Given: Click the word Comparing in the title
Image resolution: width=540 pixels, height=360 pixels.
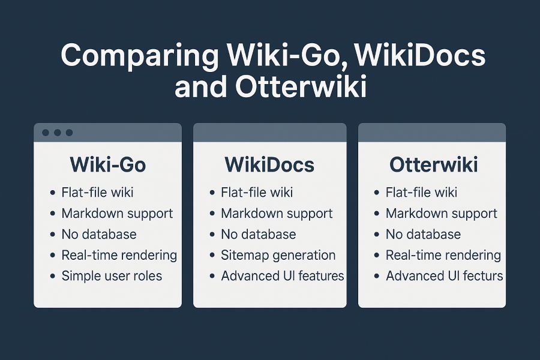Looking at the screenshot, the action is (x=140, y=56).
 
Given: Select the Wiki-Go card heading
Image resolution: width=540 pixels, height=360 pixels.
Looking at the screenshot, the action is (x=108, y=164).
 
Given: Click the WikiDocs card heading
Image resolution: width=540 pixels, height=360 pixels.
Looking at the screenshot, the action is (x=269, y=164).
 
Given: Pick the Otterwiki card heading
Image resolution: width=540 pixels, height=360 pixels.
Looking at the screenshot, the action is (x=433, y=164).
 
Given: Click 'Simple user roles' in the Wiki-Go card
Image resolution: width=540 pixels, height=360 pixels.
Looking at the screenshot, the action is (x=112, y=276).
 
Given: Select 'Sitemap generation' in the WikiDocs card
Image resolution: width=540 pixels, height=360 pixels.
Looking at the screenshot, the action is (x=278, y=255).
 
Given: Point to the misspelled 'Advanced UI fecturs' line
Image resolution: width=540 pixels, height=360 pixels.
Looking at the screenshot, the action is (x=444, y=276).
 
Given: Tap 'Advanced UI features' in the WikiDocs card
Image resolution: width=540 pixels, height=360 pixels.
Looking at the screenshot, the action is (x=283, y=276).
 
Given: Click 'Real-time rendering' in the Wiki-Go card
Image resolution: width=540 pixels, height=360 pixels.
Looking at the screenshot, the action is (x=119, y=255).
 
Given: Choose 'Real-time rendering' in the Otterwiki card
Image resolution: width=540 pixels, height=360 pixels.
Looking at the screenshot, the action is (x=443, y=255).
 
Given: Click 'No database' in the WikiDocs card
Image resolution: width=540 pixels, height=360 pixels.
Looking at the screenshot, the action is (x=258, y=234).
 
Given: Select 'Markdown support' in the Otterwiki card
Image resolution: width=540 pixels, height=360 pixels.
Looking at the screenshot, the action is (x=442, y=214).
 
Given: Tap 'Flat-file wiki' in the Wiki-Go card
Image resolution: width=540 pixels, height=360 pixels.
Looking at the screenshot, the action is (x=97, y=192).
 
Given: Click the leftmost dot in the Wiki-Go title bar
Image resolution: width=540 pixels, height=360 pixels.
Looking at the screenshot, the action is (x=46, y=133).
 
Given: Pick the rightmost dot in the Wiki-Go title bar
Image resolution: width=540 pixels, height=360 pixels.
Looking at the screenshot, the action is (x=69, y=133).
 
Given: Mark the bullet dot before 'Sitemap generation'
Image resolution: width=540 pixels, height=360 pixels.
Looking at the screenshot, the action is (x=212, y=255).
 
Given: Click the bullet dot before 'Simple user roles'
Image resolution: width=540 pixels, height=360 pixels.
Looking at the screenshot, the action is (x=53, y=276).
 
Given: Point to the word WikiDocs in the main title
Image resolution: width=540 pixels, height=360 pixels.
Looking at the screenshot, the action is (x=420, y=56).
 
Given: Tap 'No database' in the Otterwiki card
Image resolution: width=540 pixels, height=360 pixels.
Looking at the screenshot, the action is (x=423, y=234).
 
